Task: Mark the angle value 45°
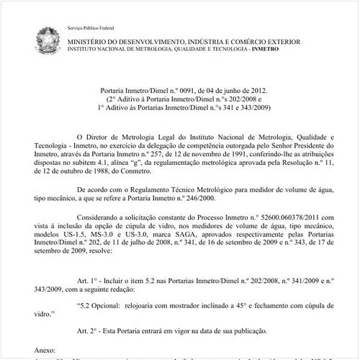pos(228,305)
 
